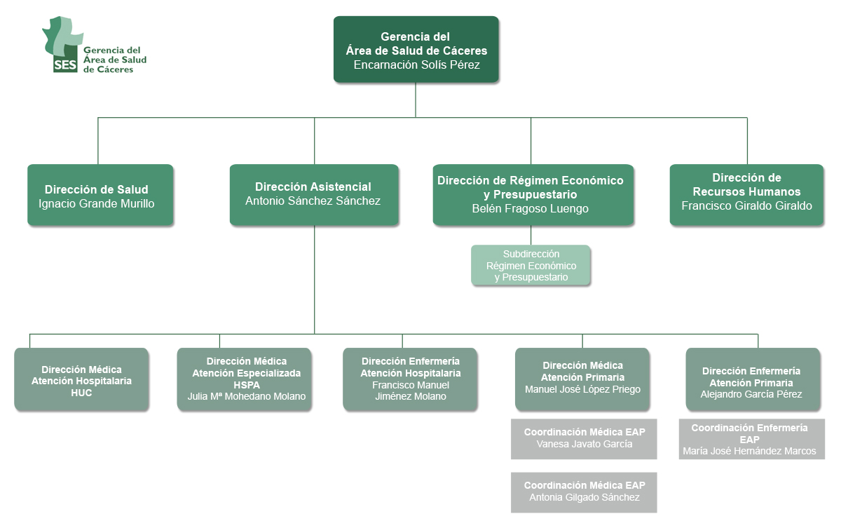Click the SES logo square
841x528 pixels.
pyautogui.click(x=65, y=65)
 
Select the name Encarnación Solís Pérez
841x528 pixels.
pyautogui.click(x=416, y=65)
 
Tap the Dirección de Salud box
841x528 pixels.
pyautogui.click(x=100, y=195)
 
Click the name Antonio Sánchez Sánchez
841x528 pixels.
pyautogui.click(x=313, y=201)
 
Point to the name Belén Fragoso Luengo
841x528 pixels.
pyautogui.click(x=530, y=208)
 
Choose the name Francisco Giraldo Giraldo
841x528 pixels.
pyautogui.click(x=746, y=205)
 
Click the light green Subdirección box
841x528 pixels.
pyautogui.click(x=531, y=265)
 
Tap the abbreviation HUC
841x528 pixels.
pyautogui.click(x=81, y=393)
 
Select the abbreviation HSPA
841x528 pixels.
pyautogui.click(x=247, y=385)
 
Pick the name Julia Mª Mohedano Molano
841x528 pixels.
pyautogui.click(x=247, y=396)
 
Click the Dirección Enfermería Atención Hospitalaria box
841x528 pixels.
pyautogui.click(x=410, y=379)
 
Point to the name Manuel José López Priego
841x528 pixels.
pyautogui.click(x=582, y=389)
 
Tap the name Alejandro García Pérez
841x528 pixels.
pyautogui.click(x=751, y=394)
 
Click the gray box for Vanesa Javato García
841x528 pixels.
pyautogui.click(x=584, y=439)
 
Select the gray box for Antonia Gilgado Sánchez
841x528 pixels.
pyautogui.click(x=584, y=492)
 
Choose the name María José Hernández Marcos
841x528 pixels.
pyautogui.click(x=749, y=451)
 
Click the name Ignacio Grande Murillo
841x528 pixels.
pyautogui.click(x=97, y=203)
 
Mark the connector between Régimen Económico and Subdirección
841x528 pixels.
pyautogui.click(x=531, y=235)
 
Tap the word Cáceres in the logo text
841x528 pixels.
pyautogui.click(x=114, y=69)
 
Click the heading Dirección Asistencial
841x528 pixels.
pyautogui.click(x=313, y=187)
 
